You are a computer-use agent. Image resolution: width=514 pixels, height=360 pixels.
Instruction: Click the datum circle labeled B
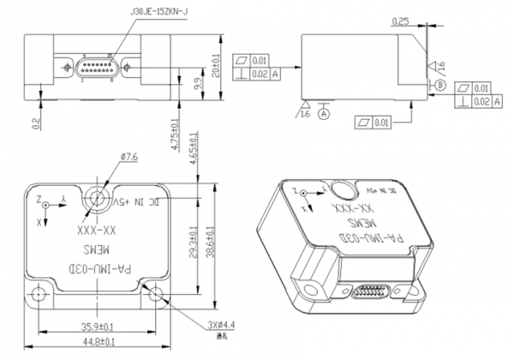pos(439,86)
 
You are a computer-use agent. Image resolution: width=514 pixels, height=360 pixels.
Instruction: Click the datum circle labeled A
pos(324,113)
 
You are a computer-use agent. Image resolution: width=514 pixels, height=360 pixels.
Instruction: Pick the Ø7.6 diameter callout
pos(129,157)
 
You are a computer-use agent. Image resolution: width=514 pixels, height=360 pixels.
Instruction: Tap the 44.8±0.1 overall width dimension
pos(100,342)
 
